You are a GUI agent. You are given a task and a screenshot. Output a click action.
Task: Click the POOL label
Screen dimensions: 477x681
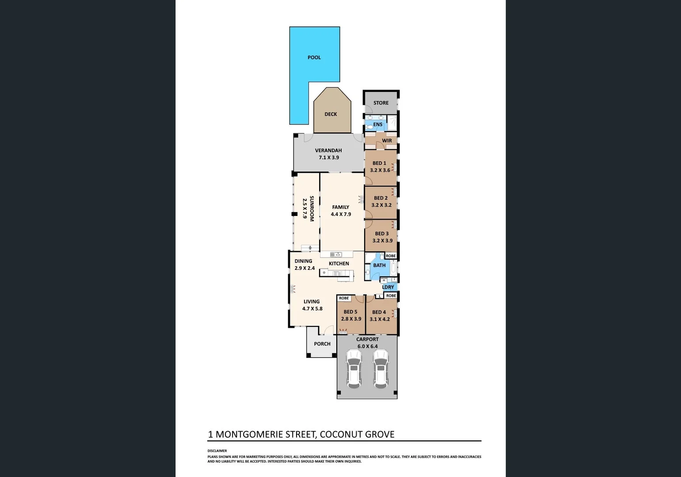[x=314, y=57]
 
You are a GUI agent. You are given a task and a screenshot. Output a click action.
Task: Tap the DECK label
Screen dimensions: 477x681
[x=331, y=114]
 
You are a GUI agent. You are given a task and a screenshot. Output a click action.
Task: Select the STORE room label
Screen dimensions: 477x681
[x=381, y=103]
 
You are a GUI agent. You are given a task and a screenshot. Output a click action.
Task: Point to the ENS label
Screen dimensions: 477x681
[x=378, y=125]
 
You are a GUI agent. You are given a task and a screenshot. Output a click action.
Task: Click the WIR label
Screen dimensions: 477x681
[x=387, y=141]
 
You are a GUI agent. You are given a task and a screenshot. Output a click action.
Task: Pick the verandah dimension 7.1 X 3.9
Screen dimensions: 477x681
[x=329, y=158]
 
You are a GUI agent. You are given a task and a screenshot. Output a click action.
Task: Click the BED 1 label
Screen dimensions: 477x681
[x=379, y=163]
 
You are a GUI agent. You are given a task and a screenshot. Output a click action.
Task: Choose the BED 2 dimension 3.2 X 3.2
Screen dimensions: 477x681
[x=381, y=205]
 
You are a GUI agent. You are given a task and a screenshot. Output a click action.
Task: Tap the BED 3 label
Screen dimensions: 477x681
[x=382, y=234]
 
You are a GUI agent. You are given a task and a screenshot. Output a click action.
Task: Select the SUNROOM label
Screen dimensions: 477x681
[x=312, y=208]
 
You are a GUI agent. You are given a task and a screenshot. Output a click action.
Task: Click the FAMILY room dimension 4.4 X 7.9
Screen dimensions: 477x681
[x=341, y=215]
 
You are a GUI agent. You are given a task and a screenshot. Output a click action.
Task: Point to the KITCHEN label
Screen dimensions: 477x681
[x=339, y=264]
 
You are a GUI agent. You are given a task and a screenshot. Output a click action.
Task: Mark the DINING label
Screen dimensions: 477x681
[x=303, y=261]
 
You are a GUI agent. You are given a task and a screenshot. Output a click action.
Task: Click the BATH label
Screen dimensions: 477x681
[x=379, y=265]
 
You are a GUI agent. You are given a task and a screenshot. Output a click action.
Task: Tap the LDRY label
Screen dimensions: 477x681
[x=388, y=287]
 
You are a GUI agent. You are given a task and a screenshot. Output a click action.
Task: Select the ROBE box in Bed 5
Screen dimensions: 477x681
[x=344, y=299]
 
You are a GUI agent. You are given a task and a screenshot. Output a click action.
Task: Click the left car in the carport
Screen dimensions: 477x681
[x=354, y=369]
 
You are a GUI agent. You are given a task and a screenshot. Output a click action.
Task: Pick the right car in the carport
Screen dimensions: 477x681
[x=380, y=369]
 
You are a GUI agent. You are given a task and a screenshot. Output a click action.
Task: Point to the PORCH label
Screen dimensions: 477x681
[x=322, y=344]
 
